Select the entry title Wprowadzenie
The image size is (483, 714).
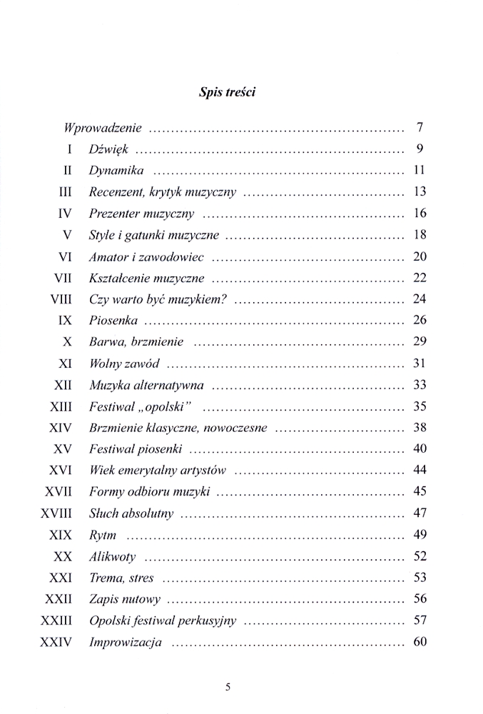pyautogui.click(x=103, y=129)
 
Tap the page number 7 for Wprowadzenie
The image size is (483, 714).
pyautogui.click(x=420, y=129)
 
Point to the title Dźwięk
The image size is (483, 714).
pyautogui.click(x=108, y=151)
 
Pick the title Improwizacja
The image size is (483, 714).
pyautogui.click(x=126, y=643)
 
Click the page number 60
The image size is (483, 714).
pyautogui.click(x=420, y=642)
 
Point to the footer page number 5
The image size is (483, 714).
pyautogui.click(x=228, y=688)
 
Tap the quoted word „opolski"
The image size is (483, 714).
pyautogui.click(x=166, y=407)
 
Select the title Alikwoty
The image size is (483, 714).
pyautogui.click(x=113, y=556)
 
